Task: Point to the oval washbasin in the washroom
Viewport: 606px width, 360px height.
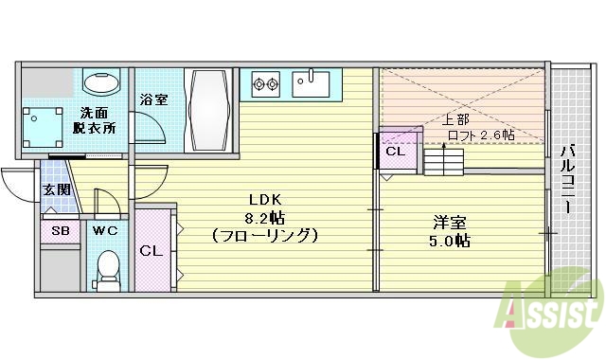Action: click(98, 83)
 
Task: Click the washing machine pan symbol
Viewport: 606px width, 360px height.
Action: click(42, 125)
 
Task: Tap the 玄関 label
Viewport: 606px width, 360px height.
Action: click(53, 189)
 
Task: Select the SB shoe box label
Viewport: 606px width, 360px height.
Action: click(59, 230)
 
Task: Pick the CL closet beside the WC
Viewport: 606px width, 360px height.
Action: click(151, 250)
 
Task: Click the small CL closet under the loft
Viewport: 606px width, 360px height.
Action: click(395, 151)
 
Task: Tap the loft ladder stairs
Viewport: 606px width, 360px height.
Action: click(442, 161)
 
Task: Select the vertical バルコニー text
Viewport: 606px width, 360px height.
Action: click(567, 180)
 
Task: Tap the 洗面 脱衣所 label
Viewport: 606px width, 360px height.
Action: click(98, 121)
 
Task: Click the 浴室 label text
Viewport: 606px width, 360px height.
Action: click(153, 99)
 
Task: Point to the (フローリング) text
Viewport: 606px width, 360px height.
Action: click(264, 233)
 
